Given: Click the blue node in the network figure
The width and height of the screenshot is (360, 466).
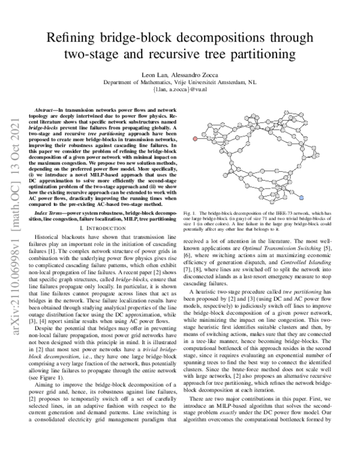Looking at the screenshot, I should point(302,197).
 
